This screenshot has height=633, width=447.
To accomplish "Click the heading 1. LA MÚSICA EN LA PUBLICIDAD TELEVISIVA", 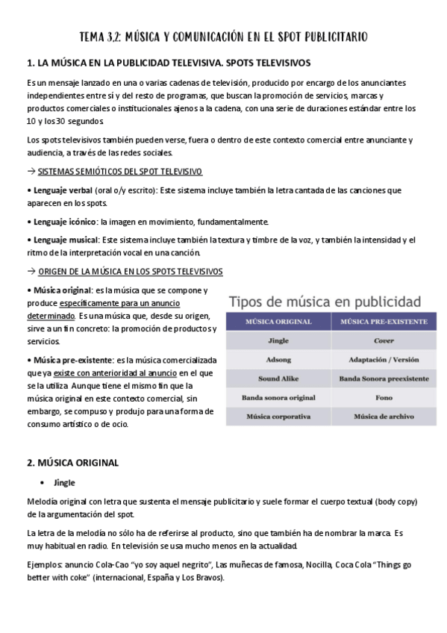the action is (168, 63).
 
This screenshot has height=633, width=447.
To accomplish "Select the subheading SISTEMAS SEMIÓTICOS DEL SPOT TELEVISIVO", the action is (119, 172).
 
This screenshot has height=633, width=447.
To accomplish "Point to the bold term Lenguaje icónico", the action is (63, 222).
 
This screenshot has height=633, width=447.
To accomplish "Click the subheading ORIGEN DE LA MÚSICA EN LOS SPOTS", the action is (130, 271).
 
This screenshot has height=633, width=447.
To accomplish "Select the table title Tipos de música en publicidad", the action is (324, 302).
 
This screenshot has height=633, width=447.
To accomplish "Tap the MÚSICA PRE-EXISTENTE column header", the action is (384, 322).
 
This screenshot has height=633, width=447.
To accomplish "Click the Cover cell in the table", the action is (384, 340).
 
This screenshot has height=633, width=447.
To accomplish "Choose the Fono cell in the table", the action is (384, 398).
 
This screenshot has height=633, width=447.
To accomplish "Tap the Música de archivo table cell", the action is (384, 417).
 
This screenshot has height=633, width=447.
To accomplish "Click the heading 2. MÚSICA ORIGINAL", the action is (72, 463).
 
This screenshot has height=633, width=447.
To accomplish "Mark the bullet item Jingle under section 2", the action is (64, 482).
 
